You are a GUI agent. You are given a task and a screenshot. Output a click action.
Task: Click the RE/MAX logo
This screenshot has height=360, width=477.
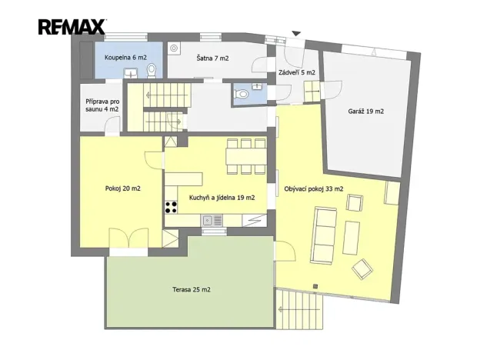tap(72, 26)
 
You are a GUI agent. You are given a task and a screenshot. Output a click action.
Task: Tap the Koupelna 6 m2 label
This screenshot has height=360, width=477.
tap(125, 58)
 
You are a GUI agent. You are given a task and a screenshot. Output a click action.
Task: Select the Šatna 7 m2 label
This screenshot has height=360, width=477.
tap(212, 58)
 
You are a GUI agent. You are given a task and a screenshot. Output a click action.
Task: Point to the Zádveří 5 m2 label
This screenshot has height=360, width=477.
tap(297, 72)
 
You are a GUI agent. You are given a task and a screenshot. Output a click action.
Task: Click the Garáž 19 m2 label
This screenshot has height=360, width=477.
tap(366, 112)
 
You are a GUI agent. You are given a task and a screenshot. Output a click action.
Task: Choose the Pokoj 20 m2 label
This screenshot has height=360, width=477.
tap(123, 188)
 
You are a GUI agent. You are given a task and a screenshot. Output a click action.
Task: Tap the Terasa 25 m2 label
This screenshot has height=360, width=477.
tap(192, 289)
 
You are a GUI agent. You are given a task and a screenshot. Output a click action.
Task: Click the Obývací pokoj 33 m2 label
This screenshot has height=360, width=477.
tap(314, 188)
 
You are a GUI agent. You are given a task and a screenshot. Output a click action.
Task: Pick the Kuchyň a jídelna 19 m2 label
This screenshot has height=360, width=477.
tap(222, 198)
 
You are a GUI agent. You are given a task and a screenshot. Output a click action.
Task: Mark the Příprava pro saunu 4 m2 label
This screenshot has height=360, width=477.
tap(102, 105)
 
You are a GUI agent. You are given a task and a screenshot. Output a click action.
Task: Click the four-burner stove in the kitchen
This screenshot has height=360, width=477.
tap(171, 207)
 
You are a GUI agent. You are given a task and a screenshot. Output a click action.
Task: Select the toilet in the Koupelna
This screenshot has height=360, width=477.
tap(152, 71)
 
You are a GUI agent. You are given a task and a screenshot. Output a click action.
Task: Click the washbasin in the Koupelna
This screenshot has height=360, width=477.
tap(131, 73)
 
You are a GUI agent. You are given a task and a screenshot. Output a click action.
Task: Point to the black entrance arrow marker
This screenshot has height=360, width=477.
tap(296, 33)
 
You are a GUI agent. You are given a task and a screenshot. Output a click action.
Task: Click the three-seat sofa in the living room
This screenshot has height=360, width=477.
tap(324, 235)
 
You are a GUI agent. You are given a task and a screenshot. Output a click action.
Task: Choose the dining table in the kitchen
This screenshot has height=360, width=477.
tap(245, 156)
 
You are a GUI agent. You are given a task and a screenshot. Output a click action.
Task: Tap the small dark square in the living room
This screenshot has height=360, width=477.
tap(315, 286)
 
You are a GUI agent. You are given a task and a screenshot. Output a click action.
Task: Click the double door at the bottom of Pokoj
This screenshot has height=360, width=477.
tap(128, 238)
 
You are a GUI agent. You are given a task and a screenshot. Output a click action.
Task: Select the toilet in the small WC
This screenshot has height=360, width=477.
tap(242, 93)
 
